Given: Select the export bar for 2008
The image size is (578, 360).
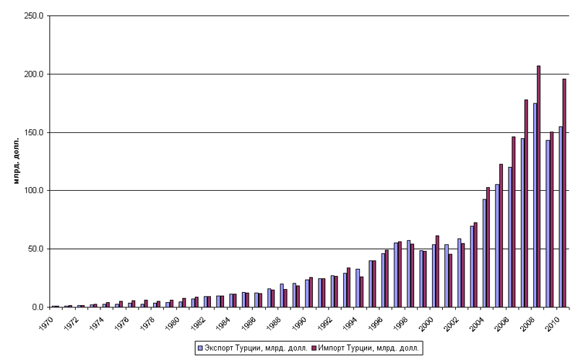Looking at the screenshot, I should (x=535, y=205).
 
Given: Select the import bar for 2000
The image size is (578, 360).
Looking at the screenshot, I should (x=437, y=271).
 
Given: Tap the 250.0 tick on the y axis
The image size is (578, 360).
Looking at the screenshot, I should (x=34, y=15).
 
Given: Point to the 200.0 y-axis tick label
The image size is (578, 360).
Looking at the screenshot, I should (x=34, y=74).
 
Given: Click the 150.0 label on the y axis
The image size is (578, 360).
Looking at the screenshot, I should (x=34, y=132).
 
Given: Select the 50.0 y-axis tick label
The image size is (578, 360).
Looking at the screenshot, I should (x=36, y=249).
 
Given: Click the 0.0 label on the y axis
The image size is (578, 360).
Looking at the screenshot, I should (x=38, y=307).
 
